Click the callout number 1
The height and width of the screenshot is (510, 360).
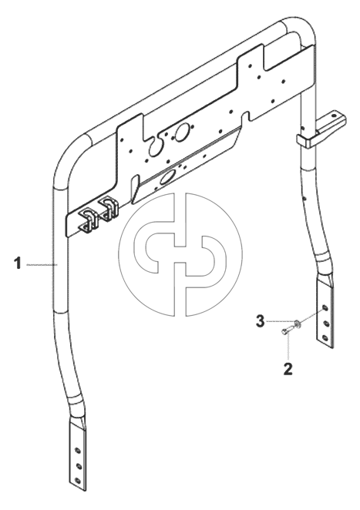point(18,263)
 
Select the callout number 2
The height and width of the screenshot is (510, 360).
point(288,369)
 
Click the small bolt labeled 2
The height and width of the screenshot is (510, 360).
point(284,330)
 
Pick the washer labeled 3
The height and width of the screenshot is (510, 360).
point(297,323)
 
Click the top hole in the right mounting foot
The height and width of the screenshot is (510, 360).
point(325,307)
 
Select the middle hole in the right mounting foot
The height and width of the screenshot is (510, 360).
point(325,323)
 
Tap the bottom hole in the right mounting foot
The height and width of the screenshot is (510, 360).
point(325,337)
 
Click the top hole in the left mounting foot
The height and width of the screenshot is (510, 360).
point(77,451)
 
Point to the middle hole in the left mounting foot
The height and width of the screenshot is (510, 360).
point(78,466)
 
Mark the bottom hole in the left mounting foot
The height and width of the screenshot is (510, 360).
point(78,481)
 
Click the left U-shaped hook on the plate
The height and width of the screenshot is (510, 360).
point(88,220)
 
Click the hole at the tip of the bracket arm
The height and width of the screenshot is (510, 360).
point(334,115)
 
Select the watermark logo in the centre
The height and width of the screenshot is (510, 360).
point(180,254)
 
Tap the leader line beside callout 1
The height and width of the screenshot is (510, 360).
point(42,263)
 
